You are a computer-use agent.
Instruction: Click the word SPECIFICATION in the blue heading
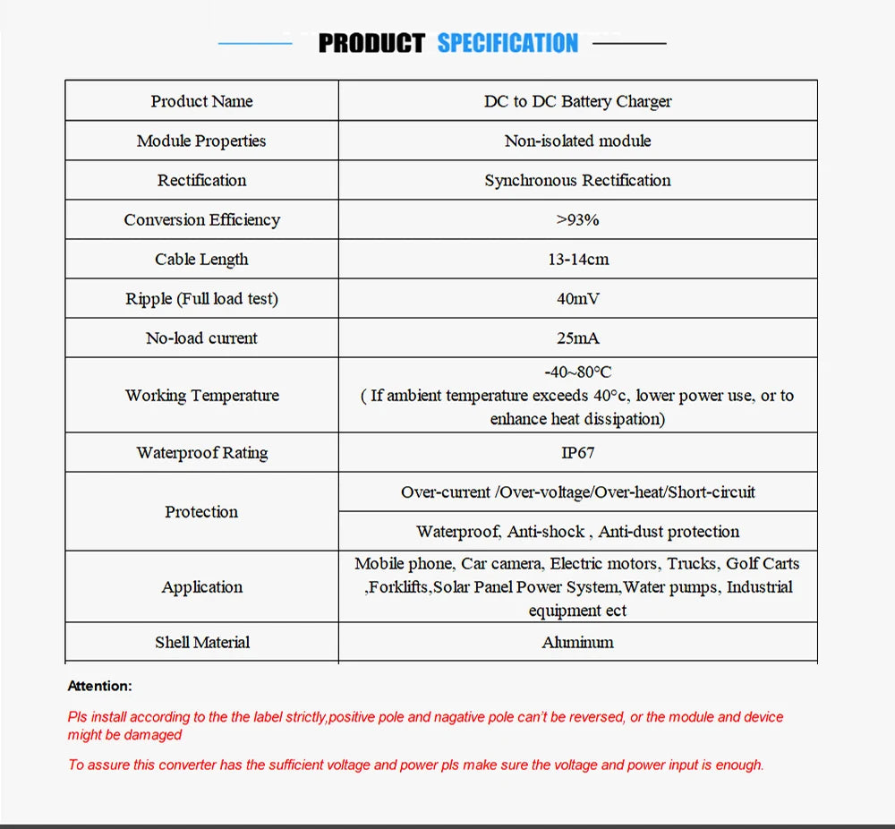507,43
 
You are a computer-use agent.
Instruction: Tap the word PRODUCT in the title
371,43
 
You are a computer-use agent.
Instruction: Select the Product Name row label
201,101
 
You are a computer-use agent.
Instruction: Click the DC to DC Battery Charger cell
577,101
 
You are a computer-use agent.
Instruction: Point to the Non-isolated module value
577,141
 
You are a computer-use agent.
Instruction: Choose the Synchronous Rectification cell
577,180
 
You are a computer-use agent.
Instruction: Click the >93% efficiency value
577,219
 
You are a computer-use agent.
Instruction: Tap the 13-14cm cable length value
577,259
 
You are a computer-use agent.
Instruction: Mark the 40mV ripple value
577,298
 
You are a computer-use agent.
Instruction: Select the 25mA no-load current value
577,338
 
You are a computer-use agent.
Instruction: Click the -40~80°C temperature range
577,372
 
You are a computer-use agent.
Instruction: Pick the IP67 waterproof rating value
577,452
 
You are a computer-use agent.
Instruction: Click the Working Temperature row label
201,395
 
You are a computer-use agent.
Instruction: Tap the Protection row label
201,511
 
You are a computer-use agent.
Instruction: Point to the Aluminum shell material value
577,642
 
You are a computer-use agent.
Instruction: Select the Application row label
201,586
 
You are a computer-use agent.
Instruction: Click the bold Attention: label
99,686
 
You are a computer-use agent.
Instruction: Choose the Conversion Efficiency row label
201,219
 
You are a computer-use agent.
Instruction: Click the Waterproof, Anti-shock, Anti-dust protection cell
577,531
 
